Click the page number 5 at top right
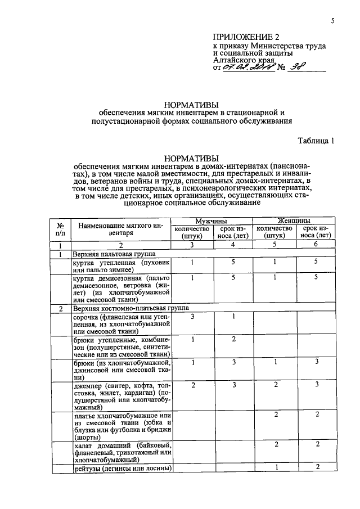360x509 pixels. pyautogui.click(x=332, y=22)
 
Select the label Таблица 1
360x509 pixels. pyautogui.click(x=317, y=141)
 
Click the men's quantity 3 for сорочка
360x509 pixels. pyautogui.click(x=192, y=317)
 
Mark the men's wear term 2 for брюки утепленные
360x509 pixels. pyautogui.click(x=233, y=339)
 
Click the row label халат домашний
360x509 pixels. pyautogui.click(x=122, y=453)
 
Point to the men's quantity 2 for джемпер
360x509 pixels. pyautogui.click(x=192, y=384)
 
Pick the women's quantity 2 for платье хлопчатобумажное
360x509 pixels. pyautogui.click(x=276, y=415)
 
